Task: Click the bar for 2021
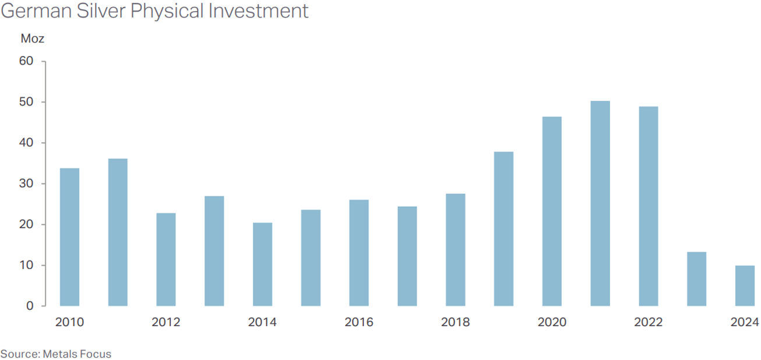(x=600, y=204)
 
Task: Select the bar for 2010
(x=69, y=237)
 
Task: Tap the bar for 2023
(x=696, y=279)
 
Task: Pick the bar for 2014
(x=262, y=264)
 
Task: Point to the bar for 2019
(x=503, y=229)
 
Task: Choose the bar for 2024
(x=745, y=285)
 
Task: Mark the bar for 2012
(x=166, y=259)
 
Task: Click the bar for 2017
(x=407, y=256)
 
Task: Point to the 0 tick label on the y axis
(x=29, y=306)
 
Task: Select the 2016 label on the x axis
(x=359, y=322)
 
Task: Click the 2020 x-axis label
(x=552, y=322)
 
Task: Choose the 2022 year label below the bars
(x=649, y=322)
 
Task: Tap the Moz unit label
(x=32, y=39)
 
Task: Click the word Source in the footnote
(x=19, y=354)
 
